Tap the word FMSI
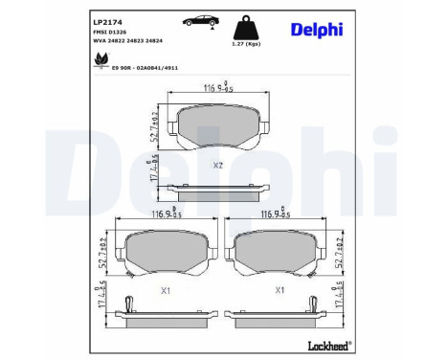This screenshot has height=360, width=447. pos(101,33)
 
